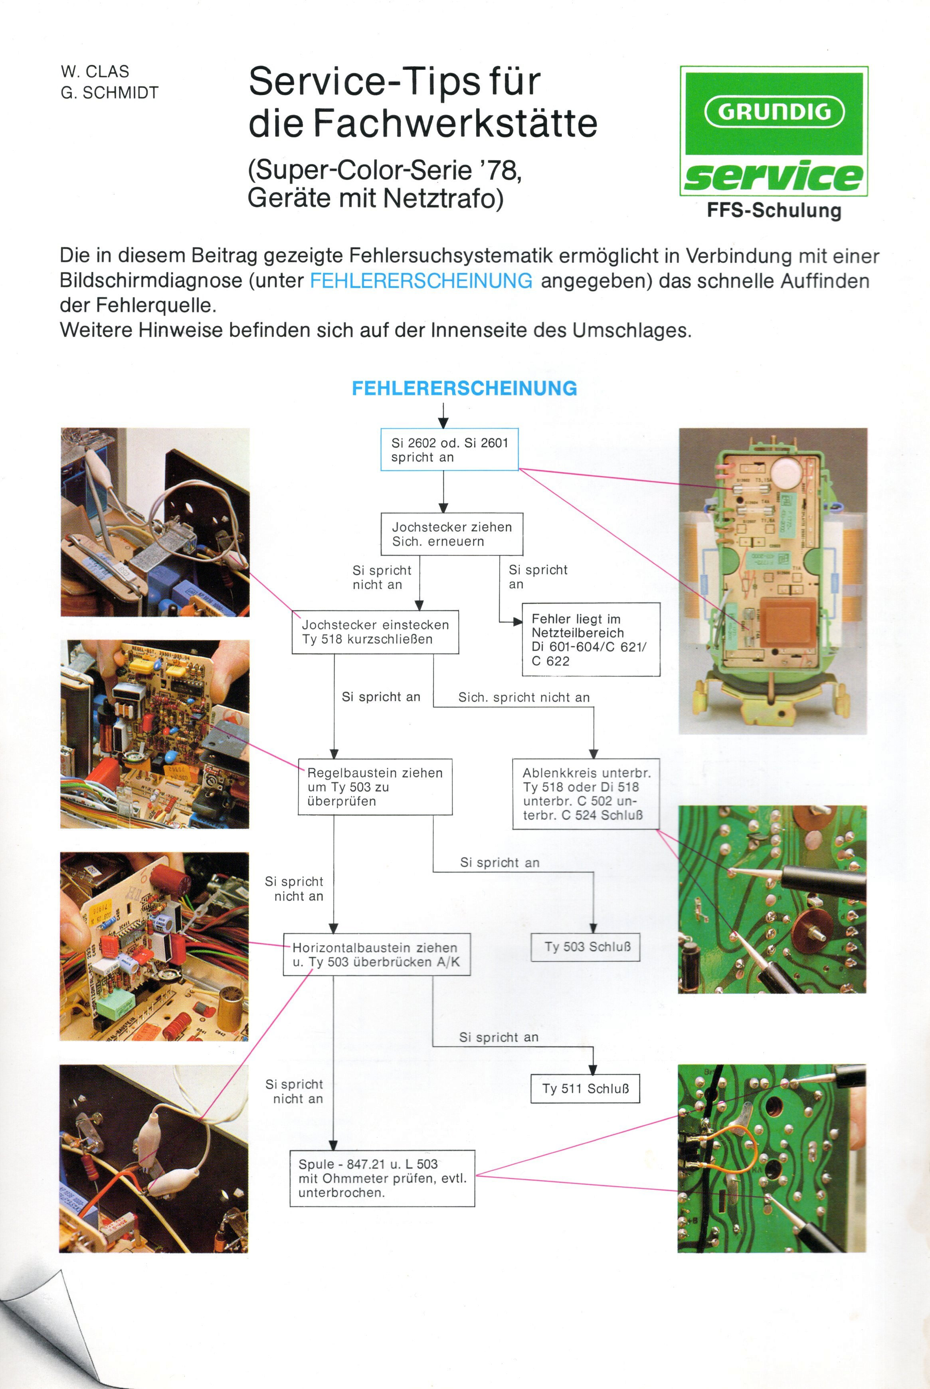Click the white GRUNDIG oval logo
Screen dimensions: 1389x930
coord(774,111)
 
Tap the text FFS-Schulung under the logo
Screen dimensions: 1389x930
coord(774,211)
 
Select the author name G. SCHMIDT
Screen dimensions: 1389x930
coord(110,93)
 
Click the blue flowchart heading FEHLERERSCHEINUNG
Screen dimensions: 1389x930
coord(465,388)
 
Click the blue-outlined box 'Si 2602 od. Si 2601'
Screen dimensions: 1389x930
coord(449,449)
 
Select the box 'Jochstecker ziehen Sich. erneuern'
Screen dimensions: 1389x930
coord(451,534)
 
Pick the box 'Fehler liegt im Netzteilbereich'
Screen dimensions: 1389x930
coord(591,639)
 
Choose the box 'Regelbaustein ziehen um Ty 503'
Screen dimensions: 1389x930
coord(375,787)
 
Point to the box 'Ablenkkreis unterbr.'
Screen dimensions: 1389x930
coord(586,794)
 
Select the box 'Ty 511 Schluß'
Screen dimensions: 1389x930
coord(585,1089)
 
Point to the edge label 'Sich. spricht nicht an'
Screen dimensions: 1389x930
coord(524,697)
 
